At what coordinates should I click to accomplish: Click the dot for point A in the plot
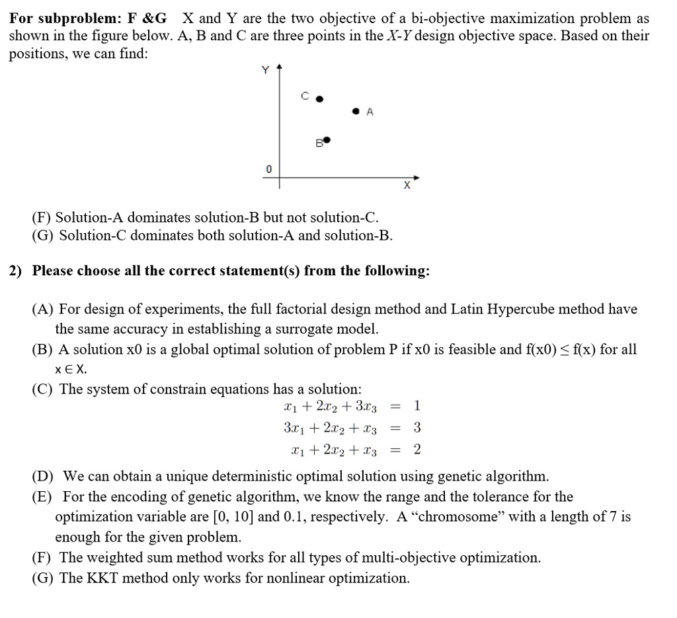356,112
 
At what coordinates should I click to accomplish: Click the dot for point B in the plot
326,141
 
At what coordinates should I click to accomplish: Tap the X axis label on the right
407,187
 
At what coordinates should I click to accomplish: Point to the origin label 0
268,169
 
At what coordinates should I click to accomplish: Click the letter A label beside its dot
370,112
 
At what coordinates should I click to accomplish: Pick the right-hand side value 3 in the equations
417,428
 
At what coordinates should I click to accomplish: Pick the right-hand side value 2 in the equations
417,450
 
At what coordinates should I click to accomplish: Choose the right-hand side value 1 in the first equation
417,405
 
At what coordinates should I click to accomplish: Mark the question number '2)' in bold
16,271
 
